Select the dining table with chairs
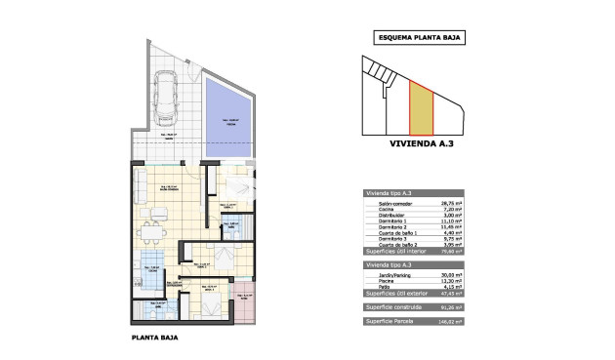149,232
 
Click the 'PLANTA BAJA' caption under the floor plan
154,340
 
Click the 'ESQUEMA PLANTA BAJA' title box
420,38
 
